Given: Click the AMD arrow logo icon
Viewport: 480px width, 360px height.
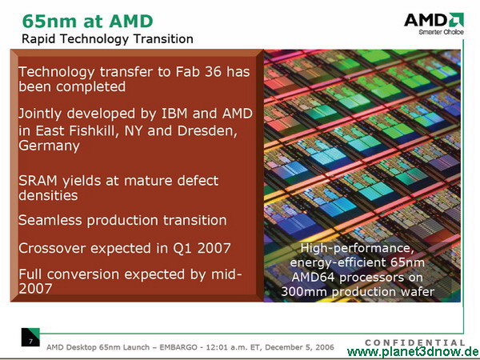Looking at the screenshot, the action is pos(456,19).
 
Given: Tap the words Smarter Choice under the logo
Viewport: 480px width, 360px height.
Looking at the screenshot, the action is pos(441,32).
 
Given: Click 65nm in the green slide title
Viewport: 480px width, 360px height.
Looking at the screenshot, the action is pos(50,21).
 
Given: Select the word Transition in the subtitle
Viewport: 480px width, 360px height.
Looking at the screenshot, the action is pos(163,39).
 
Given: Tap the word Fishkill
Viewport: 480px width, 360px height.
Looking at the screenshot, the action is pos(94,130).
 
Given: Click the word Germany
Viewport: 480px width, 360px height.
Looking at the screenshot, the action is pos(49,146).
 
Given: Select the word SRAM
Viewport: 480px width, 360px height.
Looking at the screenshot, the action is pos(38,181).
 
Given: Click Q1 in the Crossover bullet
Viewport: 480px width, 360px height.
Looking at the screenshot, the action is pos(182,248).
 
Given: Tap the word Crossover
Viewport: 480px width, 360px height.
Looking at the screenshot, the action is pos(52,248).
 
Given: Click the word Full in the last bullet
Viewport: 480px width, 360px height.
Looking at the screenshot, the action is pos(30,274).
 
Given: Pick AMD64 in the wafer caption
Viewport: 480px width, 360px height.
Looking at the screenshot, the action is pos(314,278).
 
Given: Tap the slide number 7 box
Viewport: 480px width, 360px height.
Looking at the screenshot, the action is pos(30,338).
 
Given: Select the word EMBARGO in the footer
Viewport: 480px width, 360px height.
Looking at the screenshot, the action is pos(178,347).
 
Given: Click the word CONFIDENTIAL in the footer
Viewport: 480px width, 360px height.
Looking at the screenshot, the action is pos(415,342).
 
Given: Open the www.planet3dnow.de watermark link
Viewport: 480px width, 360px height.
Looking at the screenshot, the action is pos(413,352).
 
